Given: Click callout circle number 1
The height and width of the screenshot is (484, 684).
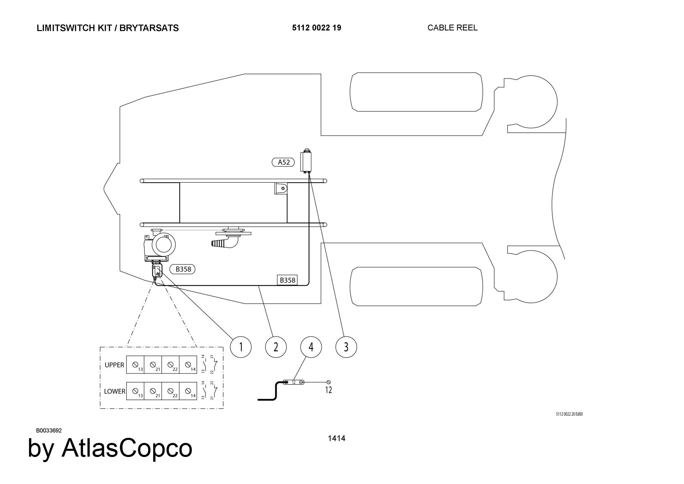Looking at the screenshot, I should click(x=241, y=347).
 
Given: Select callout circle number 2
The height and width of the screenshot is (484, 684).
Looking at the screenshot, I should click(x=276, y=347).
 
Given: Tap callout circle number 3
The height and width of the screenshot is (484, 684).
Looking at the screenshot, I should click(x=346, y=347).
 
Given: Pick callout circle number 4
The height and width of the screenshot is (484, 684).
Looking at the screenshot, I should click(x=311, y=347).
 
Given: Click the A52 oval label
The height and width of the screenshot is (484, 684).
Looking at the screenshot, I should click(x=284, y=162).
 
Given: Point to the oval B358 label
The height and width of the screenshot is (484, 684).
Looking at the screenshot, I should click(x=183, y=269).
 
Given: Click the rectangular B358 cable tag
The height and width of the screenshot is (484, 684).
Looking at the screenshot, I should click(x=287, y=280).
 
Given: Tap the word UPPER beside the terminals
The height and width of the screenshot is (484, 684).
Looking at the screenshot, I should click(x=114, y=365).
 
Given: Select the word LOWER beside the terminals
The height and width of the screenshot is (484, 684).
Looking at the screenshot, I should click(x=115, y=391).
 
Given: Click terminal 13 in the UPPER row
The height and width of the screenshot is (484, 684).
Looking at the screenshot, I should click(x=135, y=365).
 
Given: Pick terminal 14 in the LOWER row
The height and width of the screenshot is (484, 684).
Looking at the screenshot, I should click(x=188, y=391).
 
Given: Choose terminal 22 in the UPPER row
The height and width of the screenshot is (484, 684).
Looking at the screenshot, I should click(x=171, y=365).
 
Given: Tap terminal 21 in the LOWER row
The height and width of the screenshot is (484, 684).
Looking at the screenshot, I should click(x=153, y=391).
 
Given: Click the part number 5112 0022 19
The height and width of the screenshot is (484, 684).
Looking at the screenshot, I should click(x=316, y=28).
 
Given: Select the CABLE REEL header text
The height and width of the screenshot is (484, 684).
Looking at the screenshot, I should click(x=452, y=28).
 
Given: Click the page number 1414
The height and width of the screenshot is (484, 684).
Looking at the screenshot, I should click(x=337, y=438).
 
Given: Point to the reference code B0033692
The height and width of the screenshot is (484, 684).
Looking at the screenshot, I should click(x=49, y=431).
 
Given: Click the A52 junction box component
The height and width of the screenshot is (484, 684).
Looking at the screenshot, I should click(x=306, y=161).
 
